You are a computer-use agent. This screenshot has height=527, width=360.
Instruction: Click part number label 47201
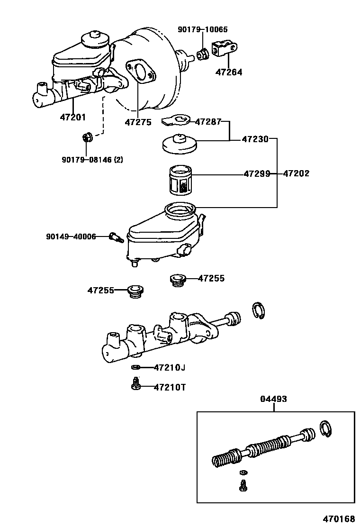pyautogui.click(x=72, y=117)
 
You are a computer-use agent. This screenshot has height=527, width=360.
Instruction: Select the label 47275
pyautogui.click(x=138, y=122)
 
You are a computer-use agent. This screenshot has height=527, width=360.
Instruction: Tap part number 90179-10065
pyautogui.click(x=202, y=29)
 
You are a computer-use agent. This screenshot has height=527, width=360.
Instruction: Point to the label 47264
pyautogui.click(x=228, y=73)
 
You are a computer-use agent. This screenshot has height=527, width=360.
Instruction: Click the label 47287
pyautogui.click(x=208, y=122)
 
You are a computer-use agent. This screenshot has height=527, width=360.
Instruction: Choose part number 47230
pyautogui.click(x=255, y=139)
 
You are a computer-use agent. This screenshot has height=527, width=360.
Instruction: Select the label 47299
pyautogui.click(x=257, y=174)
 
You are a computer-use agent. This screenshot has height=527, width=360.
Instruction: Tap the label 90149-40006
pyautogui.click(x=71, y=236)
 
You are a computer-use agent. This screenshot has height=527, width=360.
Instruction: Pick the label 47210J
pyautogui.click(x=169, y=367)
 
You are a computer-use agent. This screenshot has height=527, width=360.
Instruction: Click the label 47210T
pyautogui.click(x=170, y=387)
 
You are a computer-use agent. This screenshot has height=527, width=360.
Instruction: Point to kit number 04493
pyautogui.click(x=273, y=399)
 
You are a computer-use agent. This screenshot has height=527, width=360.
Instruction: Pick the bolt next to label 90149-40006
pyautogui.click(x=116, y=236)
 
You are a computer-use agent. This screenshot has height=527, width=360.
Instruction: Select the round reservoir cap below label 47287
pyautogui.click(x=179, y=145)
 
